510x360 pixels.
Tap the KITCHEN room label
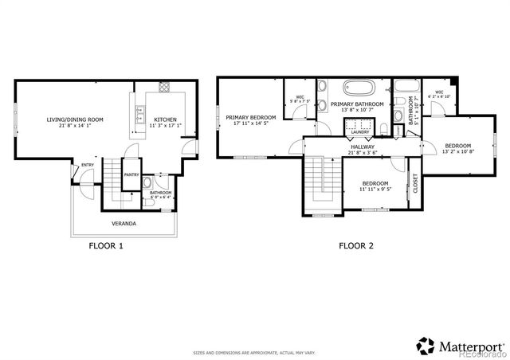(x=165, y=120)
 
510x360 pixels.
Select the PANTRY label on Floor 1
(x=131, y=175)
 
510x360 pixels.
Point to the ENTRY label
(x=87, y=165)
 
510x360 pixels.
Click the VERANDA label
(x=123, y=224)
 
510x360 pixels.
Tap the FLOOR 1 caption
(x=105, y=246)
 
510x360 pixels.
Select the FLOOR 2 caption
(x=356, y=246)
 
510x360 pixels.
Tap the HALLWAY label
(x=363, y=147)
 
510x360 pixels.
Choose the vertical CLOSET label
(x=414, y=184)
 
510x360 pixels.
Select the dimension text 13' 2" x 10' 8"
(x=457, y=151)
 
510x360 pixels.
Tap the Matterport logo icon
(x=426, y=346)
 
